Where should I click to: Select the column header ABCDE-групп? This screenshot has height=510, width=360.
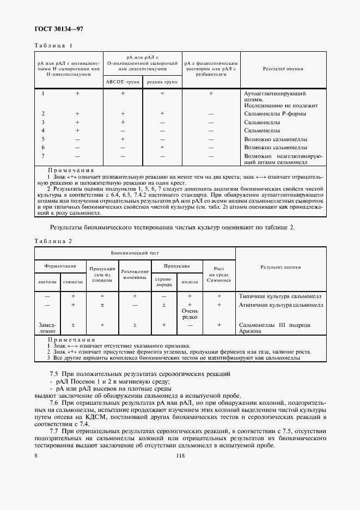123,81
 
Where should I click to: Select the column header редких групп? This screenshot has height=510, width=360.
162,81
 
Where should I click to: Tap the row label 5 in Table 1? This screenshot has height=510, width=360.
43,139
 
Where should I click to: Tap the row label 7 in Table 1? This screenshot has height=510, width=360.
43,156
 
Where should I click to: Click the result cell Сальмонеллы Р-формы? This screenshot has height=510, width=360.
274,113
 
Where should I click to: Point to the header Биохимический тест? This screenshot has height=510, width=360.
135,253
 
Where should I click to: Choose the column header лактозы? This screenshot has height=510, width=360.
47,282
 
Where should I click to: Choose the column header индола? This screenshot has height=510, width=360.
190,282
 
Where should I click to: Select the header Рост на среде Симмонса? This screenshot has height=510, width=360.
219,274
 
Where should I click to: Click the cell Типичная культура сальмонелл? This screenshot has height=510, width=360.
280,296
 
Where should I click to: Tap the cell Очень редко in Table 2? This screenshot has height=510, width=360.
190,314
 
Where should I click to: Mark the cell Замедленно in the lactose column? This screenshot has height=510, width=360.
47,327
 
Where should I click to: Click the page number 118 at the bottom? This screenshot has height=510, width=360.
180,457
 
